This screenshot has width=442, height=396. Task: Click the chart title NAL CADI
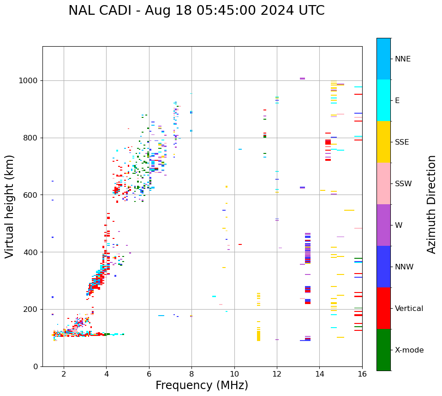click(x=196, y=11)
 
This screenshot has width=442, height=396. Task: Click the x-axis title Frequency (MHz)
click(x=202, y=385)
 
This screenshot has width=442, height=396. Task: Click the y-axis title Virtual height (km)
click(x=10, y=206)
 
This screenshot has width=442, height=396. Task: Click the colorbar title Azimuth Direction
click(x=431, y=204)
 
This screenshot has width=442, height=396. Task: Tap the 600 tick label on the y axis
click(x=32, y=195)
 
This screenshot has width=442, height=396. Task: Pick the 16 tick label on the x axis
click(x=362, y=374)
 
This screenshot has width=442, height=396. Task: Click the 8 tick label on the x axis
click(x=191, y=374)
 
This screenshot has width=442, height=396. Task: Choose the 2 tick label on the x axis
click(x=64, y=374)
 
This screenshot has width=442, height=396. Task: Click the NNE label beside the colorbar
click(x=402, y=59)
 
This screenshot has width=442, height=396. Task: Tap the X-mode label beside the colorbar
click(x=409, y=350)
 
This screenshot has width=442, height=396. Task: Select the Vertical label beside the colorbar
click(x=409, y=309)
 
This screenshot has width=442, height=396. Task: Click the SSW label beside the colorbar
click(x=403, y=184)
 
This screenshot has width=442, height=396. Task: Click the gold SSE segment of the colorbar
click(x=383, y=142)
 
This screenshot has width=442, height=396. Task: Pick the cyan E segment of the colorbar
click(x=383, y=100)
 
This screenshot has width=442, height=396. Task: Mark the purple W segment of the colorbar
click(x=383, y=225)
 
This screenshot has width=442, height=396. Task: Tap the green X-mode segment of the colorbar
click(x=383, y=350)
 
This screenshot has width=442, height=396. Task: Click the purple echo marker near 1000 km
click(x=302, y=79)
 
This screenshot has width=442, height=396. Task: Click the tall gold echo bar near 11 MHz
click(x=258, y=335)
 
